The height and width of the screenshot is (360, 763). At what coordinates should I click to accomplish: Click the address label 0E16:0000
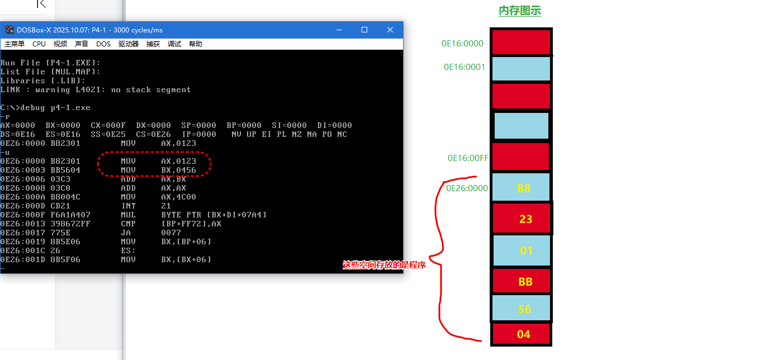coord(462,44)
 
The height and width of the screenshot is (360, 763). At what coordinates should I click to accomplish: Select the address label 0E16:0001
coord(464,67)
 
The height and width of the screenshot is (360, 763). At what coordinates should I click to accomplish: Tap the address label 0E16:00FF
coord(468,158)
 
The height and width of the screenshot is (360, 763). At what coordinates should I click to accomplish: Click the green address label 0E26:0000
coord(467,188)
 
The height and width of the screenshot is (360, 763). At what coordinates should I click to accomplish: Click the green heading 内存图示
coord(519,11)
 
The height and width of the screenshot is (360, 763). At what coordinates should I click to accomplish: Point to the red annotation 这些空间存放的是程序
coord(384,265)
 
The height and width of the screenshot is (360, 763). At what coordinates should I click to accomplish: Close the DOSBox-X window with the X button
coord(390,30)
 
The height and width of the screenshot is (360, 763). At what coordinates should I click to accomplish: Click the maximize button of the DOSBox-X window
coord(364,30)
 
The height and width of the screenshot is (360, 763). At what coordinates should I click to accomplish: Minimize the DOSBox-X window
coord(339,30)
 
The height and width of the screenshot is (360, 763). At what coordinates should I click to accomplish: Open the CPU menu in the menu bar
coord(39,44)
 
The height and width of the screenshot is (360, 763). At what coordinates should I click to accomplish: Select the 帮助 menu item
coord(196,44)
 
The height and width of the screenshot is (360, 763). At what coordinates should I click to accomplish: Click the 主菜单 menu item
coord(15,44)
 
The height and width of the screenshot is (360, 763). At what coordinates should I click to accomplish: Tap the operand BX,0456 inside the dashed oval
coord(178,170)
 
